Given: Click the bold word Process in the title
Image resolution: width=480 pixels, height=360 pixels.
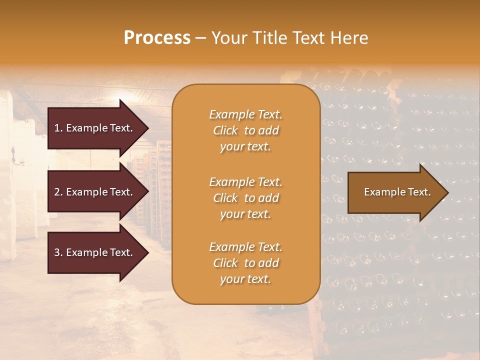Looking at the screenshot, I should pos(157,38).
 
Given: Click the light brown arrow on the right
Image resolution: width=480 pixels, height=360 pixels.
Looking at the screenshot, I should pos(395,192).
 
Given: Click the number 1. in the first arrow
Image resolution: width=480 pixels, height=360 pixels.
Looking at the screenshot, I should pos(58,128).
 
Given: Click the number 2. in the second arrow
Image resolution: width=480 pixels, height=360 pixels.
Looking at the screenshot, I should pos(58,192).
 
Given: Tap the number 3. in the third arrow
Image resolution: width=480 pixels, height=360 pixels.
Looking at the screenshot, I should pos(58,252).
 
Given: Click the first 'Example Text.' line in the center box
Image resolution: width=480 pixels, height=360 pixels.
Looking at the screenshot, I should pos(245,114).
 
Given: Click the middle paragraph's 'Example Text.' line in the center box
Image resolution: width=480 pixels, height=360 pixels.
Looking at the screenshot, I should pos(245,182).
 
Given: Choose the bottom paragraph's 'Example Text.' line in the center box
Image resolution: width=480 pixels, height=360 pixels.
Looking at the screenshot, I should pos(245,247).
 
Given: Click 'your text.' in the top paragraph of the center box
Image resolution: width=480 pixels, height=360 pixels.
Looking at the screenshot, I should pos(245,147).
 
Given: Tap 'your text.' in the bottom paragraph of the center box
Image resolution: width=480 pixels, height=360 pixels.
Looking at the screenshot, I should pos(245,279).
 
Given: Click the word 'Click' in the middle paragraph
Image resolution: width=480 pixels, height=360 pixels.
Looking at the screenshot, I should pos(225,198).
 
